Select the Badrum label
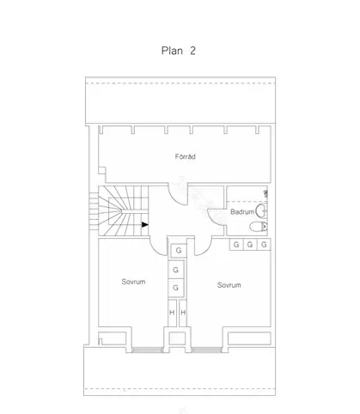point(242,211)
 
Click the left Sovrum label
point(132,282)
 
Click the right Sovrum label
point(228,284)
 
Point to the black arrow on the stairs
point(145,224)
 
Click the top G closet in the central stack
point(177,251)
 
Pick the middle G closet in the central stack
point(177,269)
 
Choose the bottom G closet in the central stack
point(177,287)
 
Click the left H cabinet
point(172,313)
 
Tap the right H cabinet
point(183,313)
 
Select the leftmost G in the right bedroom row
point(235,245)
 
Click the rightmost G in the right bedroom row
point(264,245)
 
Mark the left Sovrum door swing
point(159,247)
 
